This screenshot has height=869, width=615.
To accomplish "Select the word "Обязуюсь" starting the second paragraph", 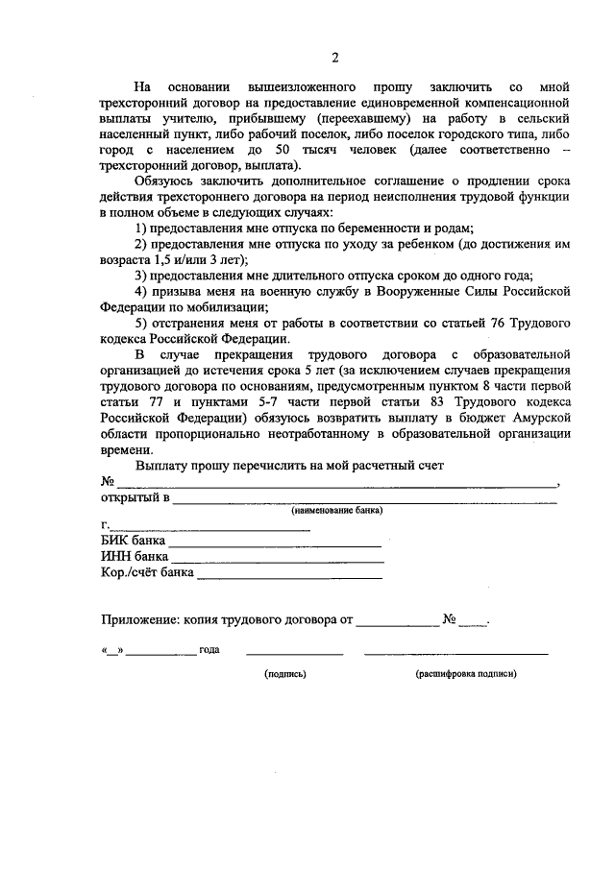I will pos(166,182).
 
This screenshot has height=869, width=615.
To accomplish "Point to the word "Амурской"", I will pos(539,419).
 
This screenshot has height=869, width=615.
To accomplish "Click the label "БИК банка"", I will pos(134,541).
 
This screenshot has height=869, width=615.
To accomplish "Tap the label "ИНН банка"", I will pos(135,556).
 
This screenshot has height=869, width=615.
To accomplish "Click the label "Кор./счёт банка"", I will pos(148,572).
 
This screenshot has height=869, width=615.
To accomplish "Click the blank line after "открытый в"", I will pos(365,500).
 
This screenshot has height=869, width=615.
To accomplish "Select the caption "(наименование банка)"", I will pos(338,511).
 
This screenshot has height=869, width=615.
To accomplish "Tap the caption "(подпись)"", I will pos(285,674).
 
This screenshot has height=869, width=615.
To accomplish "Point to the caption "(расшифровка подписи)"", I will pos(466,674).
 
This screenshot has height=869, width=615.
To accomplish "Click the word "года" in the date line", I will pos(209,650).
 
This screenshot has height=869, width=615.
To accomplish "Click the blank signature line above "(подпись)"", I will pos(294,653).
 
